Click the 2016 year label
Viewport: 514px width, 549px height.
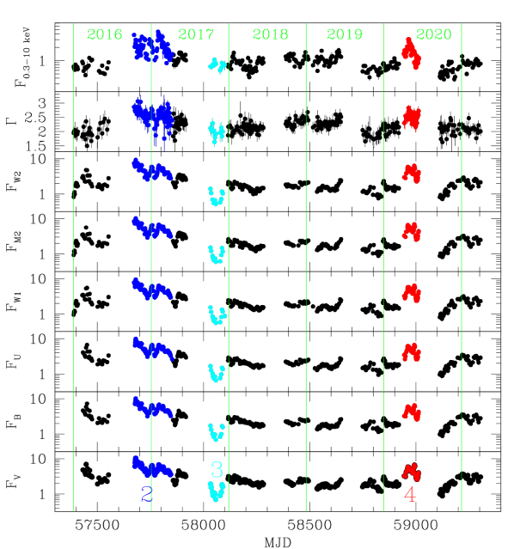[105, 35]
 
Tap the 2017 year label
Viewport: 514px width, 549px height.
[196, 35]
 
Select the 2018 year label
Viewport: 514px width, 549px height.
[270, 35]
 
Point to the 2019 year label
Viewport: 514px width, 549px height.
[345, 35]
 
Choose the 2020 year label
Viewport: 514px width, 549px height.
[433, 35]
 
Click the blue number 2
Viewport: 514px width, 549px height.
[146, 495]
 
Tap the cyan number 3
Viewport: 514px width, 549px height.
[217, 470]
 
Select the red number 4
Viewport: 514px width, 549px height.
[410, 495]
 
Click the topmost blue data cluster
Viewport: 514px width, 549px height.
[153, 49]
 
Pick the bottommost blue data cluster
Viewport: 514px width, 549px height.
[151, 468]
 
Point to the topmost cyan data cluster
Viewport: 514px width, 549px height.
[218, 65]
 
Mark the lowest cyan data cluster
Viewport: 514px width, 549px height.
[217, 491]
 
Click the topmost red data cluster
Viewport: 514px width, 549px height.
[412, 53]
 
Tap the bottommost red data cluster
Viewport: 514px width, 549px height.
[412, 472]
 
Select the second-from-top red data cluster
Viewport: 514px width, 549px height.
[412, 117]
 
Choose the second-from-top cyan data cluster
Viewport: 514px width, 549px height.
[217, 131]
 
